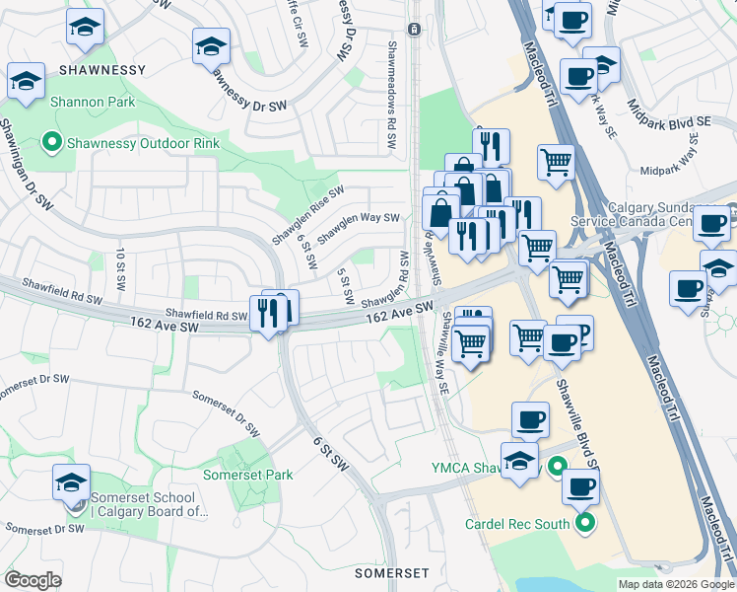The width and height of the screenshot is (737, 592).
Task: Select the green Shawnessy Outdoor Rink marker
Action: pyautogui.click(x=52, y=143)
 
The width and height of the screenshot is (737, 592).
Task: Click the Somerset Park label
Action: pyautogui.click(x=247, y=475)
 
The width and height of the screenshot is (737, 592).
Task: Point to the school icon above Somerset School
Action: pyautogui.click(x=71, y=482)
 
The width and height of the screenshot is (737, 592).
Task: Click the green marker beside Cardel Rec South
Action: pyautogui.click(x=587, y=523)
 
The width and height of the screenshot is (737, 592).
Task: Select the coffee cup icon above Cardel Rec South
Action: pyautogui.click(x=580, y=486)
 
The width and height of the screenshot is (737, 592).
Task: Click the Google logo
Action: pyautogui.click(x=33, y=580)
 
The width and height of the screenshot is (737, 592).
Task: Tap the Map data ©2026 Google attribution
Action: pyautogui.click(x=675, y=584)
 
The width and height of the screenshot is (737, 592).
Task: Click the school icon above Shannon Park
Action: pyautogui.click(x=26, y=80)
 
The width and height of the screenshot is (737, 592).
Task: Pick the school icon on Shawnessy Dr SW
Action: pyautogui.click(x=211, y=47)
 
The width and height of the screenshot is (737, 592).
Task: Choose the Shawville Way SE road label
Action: pyautogui.click(x=445, y=353)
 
